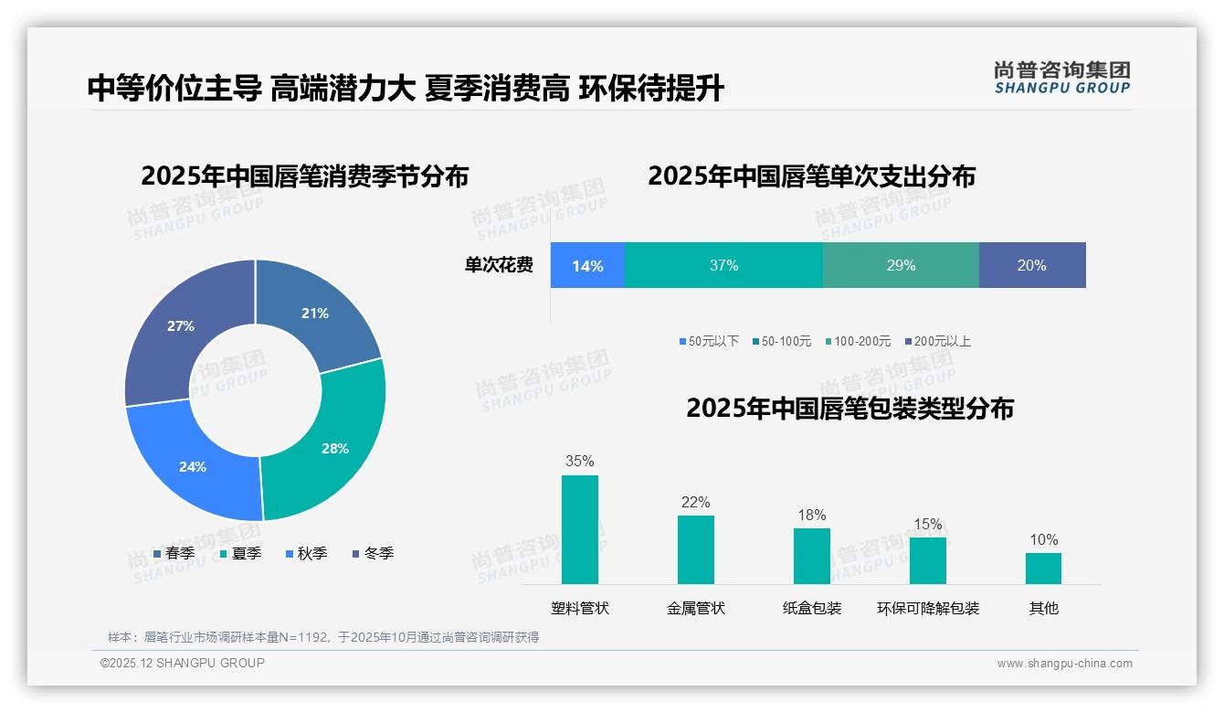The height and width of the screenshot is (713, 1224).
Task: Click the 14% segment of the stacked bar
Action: pos(587,265)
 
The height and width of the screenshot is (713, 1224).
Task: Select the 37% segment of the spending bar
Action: pos(723,265)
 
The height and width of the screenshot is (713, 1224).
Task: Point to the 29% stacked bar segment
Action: pos(901,265)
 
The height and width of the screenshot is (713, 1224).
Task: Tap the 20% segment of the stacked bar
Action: pos(1032,265)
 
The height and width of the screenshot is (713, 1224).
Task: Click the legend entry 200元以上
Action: pos(938,341)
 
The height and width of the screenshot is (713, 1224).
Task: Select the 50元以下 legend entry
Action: pos(709,341)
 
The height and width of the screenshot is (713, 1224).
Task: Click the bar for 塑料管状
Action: pos(580,529)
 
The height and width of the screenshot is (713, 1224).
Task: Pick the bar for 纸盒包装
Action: pos(812,556)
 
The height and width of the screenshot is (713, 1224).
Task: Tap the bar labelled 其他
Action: pos(1043,568)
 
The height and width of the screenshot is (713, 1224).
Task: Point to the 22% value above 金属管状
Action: pos(695,502)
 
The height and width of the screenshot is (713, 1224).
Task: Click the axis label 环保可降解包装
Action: pos(928,608)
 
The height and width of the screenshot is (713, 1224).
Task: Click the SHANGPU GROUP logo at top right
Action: pos(1061,78)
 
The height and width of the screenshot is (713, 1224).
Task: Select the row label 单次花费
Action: pos(499,265)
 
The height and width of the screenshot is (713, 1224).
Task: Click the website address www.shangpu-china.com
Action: pos(1064,663)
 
